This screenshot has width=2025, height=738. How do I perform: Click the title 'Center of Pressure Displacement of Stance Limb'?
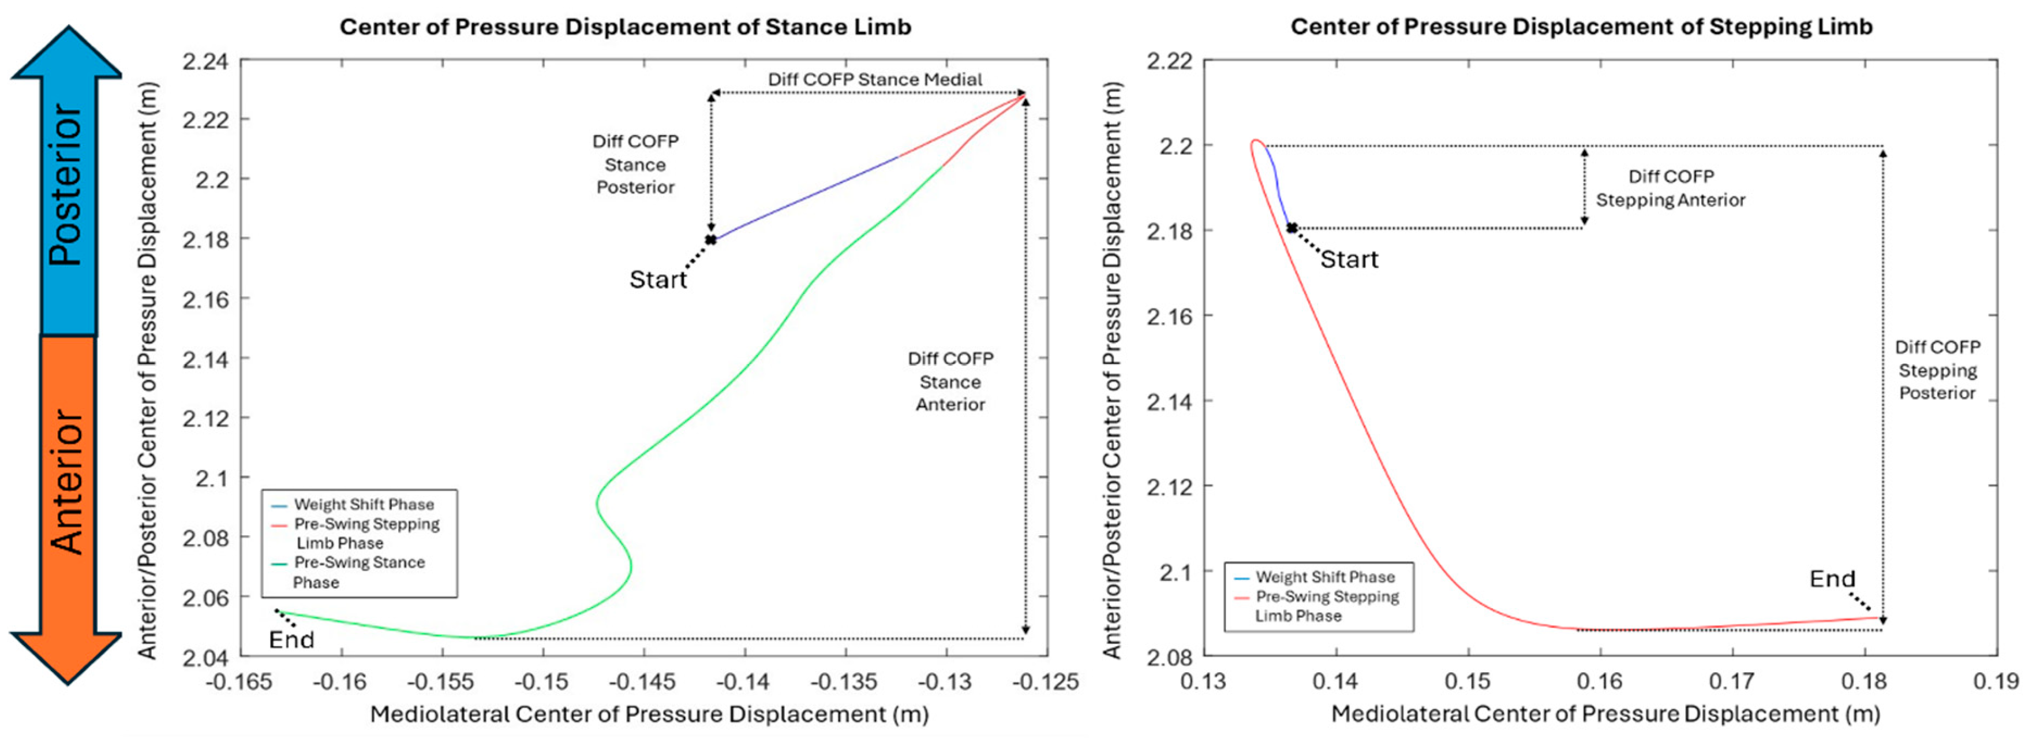[x=625, y=27]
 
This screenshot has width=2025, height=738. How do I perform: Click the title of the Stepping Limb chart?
[x=1581, y=27]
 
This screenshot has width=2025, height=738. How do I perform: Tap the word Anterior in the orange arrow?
[x=66, y=482]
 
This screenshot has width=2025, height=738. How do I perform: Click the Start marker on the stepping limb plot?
[x=1292, y=228]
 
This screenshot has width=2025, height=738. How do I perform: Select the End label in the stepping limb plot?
[x=1832, y=579]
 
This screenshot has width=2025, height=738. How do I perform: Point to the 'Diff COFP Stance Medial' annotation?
[x=874, y=80]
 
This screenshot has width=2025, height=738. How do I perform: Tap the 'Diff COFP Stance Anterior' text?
[x=950, y=382]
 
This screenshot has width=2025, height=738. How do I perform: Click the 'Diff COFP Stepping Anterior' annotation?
[x=1671, y=188]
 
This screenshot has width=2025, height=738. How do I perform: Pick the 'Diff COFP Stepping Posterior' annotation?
[x=1937, y=370]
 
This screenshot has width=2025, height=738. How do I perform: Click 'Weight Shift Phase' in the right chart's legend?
[x=1324, y=577]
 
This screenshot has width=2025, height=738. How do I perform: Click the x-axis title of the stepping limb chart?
[x=1605, y=714]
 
